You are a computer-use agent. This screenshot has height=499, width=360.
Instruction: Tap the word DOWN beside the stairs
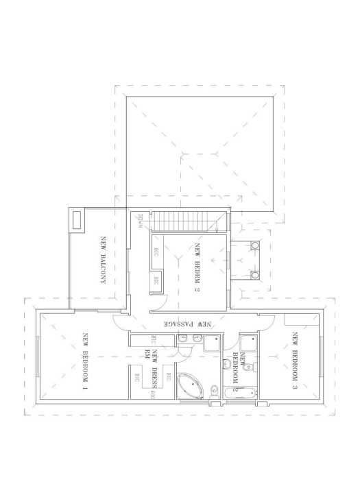tap(140, 224)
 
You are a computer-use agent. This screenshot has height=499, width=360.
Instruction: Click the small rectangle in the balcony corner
tap(77, 219)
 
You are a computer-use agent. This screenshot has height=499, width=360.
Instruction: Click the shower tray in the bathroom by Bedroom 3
tap(248, 342)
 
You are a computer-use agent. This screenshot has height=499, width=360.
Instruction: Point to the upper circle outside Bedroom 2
tap(255, 245)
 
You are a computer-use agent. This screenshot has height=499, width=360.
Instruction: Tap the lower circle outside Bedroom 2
tap(255, 276)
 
